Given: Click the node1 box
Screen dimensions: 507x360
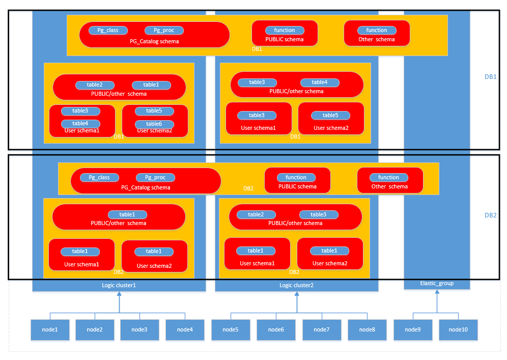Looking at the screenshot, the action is click(x=50, y=329).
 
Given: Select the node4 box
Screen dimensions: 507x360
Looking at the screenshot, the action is click(x=185, y=329).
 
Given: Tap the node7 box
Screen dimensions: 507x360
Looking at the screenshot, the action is click(x=322, y=329).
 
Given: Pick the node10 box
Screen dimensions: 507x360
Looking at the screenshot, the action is click(x=458, y=329).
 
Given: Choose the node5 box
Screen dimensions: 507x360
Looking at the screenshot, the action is click(x=231, y=329).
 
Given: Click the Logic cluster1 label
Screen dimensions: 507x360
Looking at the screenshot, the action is click(x=119, y=285).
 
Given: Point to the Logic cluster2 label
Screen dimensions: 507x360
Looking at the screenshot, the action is click(x=296, y=285).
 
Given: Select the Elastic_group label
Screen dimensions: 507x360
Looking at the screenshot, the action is click(x=437, y=283).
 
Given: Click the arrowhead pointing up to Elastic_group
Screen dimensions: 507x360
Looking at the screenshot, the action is click(x=437, y=292).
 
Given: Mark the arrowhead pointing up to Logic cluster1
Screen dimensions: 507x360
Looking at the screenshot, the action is click(x=119, y=294).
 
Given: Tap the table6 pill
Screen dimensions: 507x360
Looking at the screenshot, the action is click(x=154, y=124).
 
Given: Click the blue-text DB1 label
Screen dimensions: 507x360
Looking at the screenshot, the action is click(x=491, y=77).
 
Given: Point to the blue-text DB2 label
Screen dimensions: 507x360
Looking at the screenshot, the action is click(x=491, y=215).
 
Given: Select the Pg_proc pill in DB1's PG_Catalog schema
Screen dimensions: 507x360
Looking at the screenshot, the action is click(x=164, y=31).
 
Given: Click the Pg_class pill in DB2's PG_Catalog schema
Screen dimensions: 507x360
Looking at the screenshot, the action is click(x=99, y=178).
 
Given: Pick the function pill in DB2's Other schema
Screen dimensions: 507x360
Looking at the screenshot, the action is click(x=389, y=177).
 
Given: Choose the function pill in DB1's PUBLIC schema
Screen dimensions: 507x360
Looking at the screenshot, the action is click(x=285, y=31).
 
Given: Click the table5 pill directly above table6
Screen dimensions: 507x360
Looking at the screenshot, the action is click(x=154, y=111).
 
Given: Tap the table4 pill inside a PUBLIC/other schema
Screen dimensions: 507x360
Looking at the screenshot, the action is click(x=320, y=82).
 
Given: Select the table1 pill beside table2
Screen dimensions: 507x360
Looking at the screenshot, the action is click(x=151, y=85).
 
